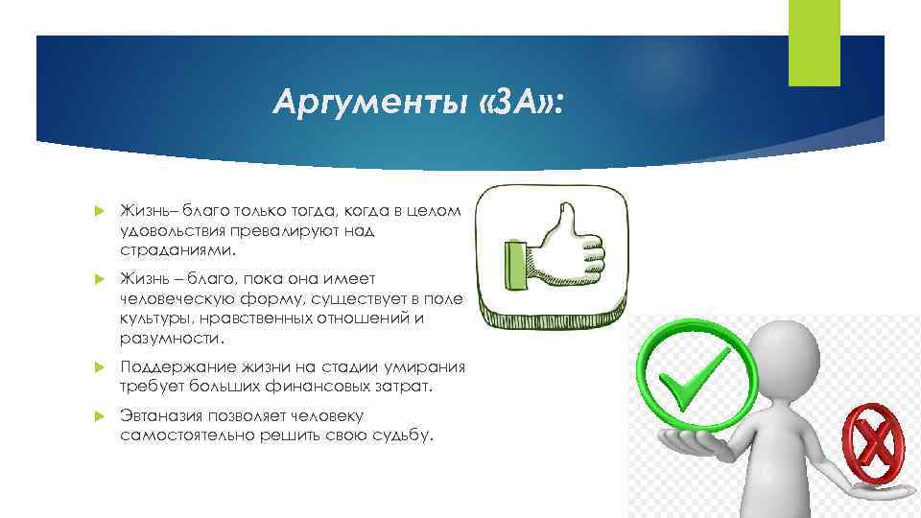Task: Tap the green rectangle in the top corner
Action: (x=814, y=42)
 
